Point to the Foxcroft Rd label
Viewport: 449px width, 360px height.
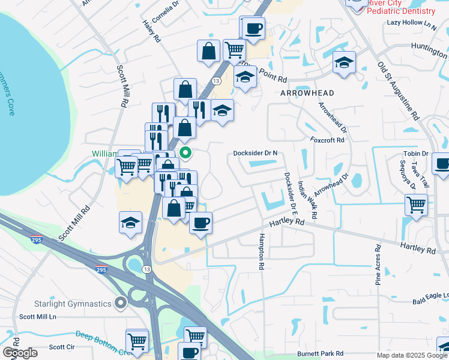click(328, 140)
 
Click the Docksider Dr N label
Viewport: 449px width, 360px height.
click(256, 153)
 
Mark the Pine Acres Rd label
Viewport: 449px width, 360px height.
click(378, 263)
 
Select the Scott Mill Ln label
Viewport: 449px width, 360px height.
click(37, 316)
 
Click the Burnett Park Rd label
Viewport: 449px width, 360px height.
click(323, 354)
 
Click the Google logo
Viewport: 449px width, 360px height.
click(20, 353)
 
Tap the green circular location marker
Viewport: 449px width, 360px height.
click(186, 154)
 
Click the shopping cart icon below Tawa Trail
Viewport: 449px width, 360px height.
click(416, 205)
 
